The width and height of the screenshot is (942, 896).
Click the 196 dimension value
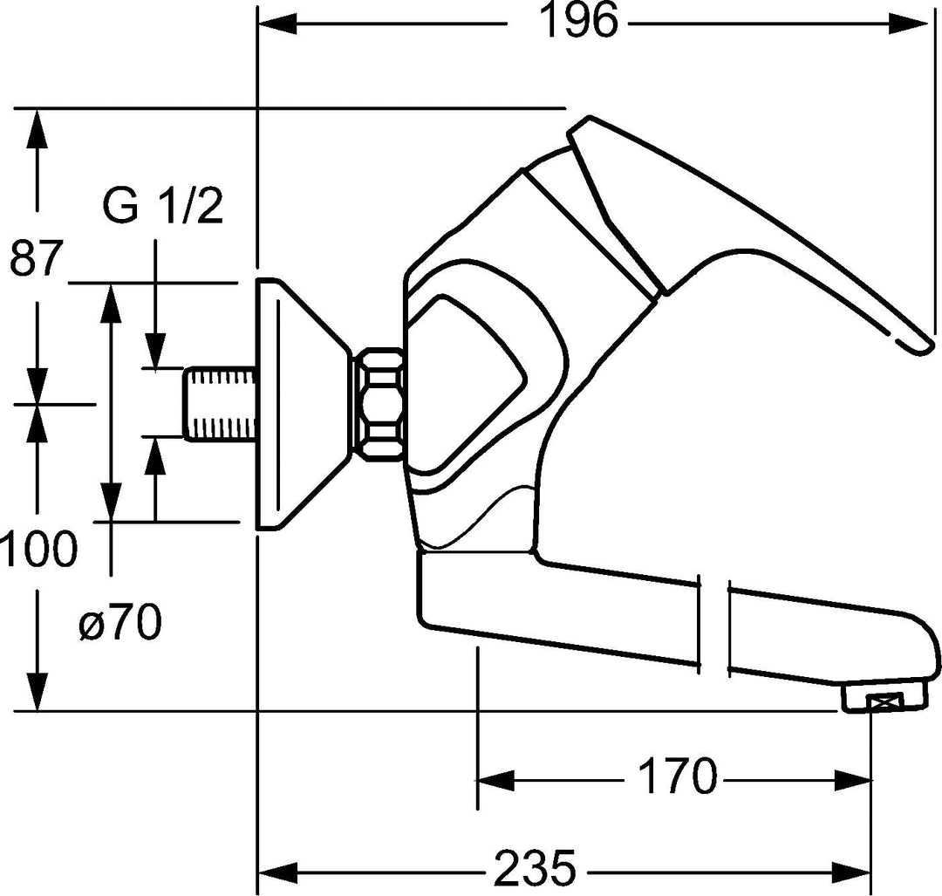579,22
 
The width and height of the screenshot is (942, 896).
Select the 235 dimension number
536,868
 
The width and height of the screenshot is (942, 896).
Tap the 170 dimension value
677,776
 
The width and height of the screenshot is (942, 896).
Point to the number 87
37,259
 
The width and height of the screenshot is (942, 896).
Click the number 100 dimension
38,551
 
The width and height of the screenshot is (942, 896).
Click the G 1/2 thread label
162,208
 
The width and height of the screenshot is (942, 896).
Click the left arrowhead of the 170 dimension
494,776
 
